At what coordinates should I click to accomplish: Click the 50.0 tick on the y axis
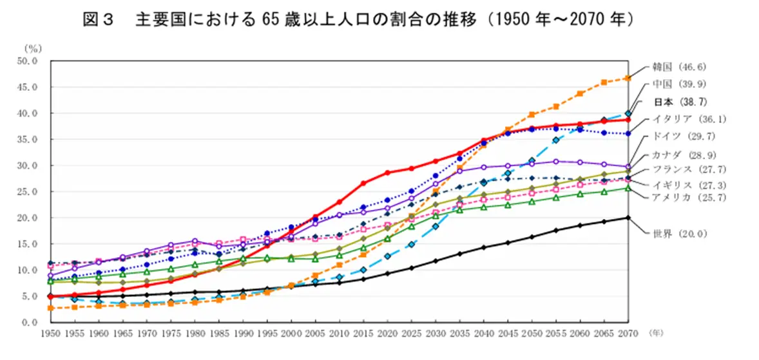click(30, 61)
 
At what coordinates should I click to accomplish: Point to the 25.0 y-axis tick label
click(30, 192)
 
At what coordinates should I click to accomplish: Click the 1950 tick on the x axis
click(51, 334)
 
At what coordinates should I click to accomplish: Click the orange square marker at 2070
click(628, 78)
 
